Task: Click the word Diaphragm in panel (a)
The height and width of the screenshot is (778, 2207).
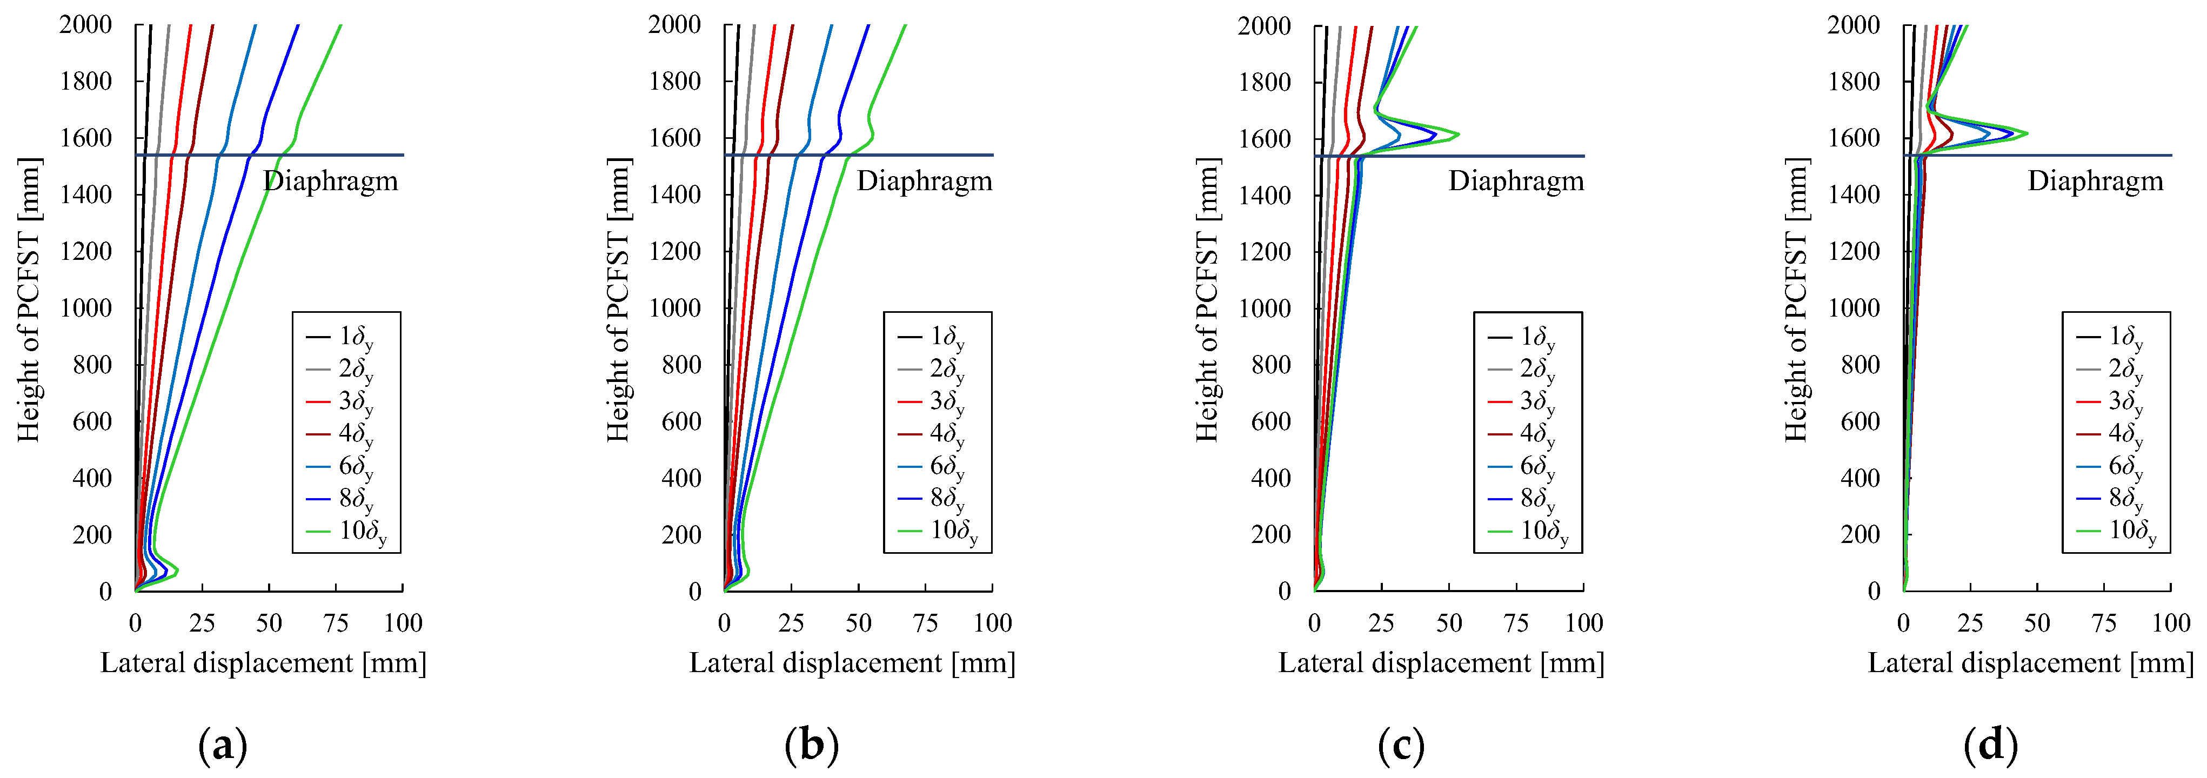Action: coord(331,181)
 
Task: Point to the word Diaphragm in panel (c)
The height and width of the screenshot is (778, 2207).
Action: coord(1516,181)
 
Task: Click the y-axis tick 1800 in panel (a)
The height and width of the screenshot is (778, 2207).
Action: coord(86,82)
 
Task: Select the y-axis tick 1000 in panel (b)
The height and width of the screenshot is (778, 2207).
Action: coord(675,307)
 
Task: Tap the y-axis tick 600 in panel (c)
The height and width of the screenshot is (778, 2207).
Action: coord(1272,421)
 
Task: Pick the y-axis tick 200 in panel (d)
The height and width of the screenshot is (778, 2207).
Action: coord(1860,535)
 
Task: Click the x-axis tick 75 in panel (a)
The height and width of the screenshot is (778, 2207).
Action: coord(336,623)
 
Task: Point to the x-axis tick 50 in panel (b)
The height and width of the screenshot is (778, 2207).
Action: coord(859,623)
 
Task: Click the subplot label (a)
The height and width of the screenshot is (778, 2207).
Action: coord(223,746)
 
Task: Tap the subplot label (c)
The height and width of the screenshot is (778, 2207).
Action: coord(1402,746)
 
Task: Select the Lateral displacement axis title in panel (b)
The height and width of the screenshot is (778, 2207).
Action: coord(852,663)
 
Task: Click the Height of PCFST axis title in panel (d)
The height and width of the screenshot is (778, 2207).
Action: coord(1797,300)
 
